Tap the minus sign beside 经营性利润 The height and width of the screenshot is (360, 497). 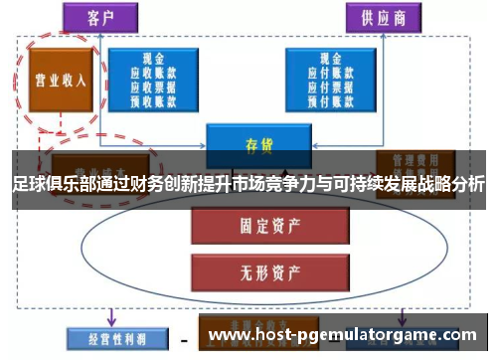185,338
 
